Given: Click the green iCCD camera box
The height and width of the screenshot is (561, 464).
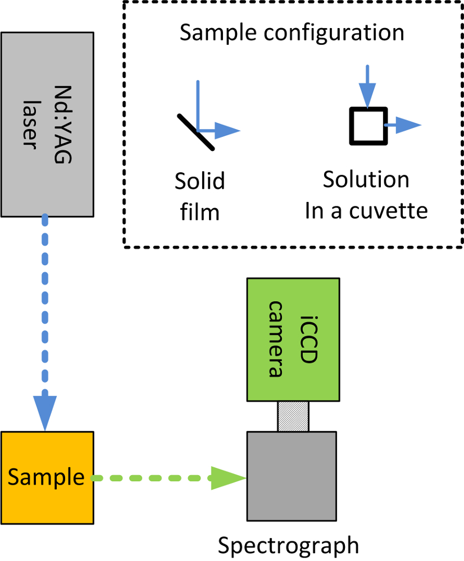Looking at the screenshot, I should point(293,339).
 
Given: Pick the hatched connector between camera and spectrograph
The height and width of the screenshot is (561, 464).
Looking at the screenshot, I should point(293,416).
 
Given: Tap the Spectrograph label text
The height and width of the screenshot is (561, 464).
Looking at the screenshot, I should point(288,545).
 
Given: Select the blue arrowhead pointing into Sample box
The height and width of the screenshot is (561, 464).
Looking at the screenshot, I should point(46,410).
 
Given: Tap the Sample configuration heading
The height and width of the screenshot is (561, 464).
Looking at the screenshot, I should point(292,33).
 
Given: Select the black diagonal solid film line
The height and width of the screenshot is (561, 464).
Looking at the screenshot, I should point(195,132).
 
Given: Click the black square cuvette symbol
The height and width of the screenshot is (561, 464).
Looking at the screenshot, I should point(368,126).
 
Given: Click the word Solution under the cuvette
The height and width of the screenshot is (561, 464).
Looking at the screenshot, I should point(366,180).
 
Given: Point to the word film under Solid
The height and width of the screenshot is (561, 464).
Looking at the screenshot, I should point(200,213).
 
